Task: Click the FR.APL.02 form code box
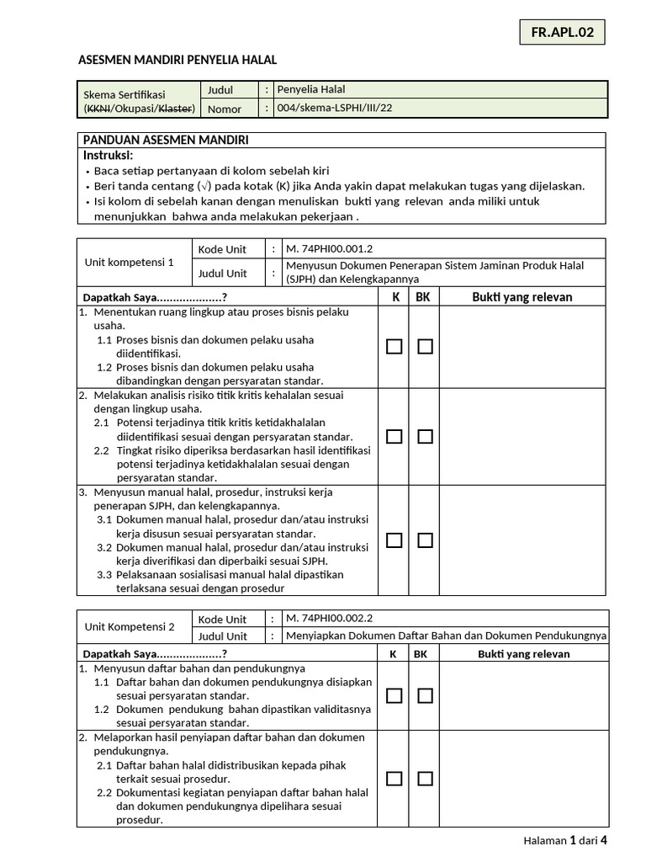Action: click(x=562, y=33)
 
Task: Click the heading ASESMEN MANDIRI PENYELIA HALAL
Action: click(x=177, y=59)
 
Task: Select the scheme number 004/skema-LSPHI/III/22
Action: click(x=335, y=109)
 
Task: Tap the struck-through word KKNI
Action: click(x=98, y=109)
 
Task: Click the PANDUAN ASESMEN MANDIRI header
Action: click(x=165, y=140)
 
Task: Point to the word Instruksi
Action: click(x=109, y=156)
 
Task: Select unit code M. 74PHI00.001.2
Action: click(x=329, y=248)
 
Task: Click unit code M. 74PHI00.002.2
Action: click(x=329, y=619)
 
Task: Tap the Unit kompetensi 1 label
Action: click(x=130, y=262)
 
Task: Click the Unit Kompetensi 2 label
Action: click(x=130, y=627)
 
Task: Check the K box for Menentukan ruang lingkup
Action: click(x=394, y=347)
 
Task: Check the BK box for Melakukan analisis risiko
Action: click(x=425, y=436)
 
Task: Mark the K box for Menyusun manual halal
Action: click(x=394, y=540)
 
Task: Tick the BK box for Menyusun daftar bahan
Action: click(x=425, y=695)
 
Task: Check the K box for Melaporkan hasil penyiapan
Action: click(x=394, y=779)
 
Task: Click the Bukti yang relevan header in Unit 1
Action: click(x=522, y=297)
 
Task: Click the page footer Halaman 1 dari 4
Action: click(x=564, y=840)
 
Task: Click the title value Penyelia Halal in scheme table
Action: click(x=311, y=89)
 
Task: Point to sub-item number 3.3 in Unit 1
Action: click(x=104, y=575)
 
